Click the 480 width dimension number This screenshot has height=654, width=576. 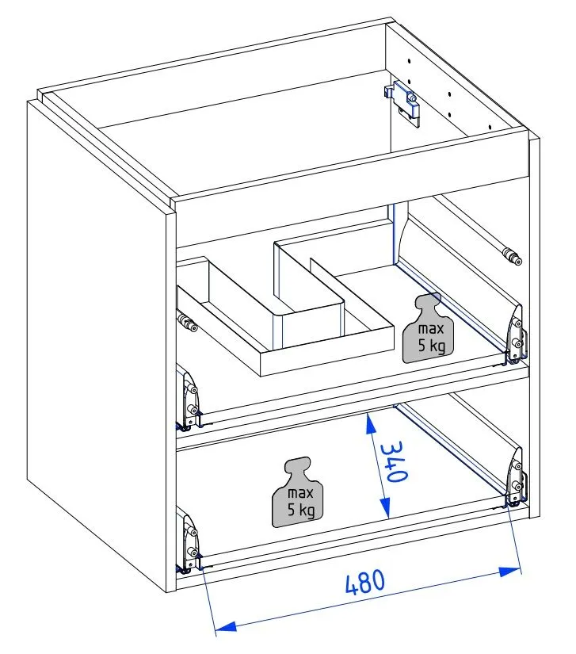[365, 581]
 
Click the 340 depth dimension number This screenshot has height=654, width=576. [394, 461]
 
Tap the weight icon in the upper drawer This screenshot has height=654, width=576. [428, 328]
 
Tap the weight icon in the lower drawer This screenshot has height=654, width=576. [298, 491]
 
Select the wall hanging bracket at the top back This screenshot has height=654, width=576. [402, 102]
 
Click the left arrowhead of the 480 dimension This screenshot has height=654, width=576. [226, 626]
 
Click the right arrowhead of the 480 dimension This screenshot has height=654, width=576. [509, 572]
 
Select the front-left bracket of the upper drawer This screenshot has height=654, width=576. [189, 401]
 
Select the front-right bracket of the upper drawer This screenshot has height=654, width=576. [517, 335]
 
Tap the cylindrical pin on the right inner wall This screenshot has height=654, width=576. [512, 256]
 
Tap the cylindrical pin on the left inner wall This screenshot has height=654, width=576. [188, 323]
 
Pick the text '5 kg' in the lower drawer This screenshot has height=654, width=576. [301, 510]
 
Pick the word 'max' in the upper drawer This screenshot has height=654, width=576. [431, 329]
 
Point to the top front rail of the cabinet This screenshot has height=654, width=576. [353, 166]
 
